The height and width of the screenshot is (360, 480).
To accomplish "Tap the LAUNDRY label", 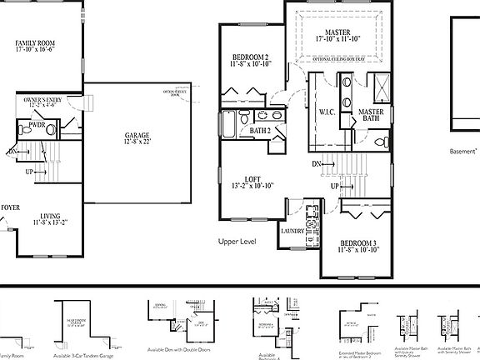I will click(292, 231).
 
